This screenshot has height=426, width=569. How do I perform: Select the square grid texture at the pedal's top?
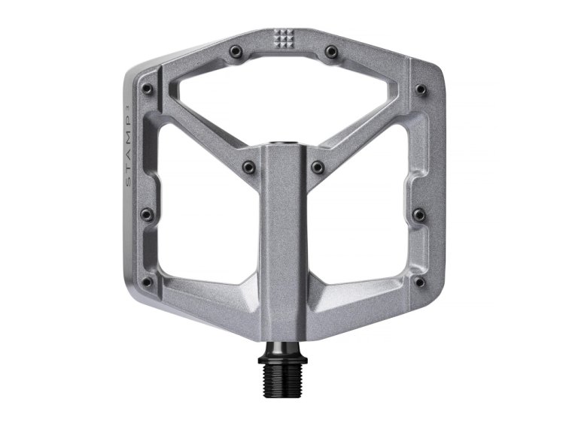tap(284, 38)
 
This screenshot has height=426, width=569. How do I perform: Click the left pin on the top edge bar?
tap(237, 51)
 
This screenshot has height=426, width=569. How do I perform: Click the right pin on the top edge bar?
tap(332, 51)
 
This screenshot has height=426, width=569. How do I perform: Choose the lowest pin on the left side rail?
tap(148, 283)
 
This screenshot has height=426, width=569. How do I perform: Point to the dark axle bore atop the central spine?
tap(284, 140)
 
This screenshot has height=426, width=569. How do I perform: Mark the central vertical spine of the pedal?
tap(284, 240)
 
